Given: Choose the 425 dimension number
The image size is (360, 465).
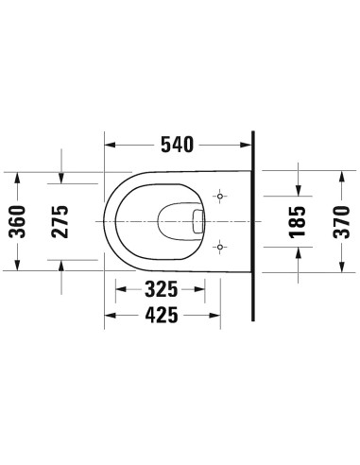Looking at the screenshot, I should coord(162,318).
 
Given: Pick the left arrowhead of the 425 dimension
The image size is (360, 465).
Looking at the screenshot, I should coord(108,318).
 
